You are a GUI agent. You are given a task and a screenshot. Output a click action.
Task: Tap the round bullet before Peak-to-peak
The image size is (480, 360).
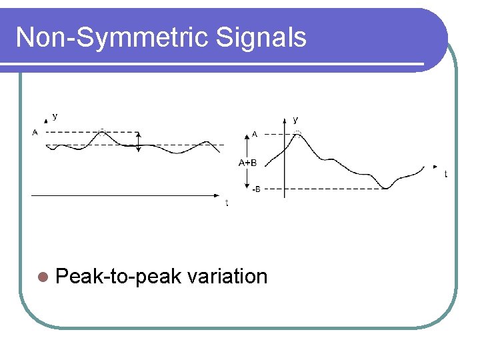(44, 277)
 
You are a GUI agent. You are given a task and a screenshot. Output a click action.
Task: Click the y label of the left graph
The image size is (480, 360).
(55, 116)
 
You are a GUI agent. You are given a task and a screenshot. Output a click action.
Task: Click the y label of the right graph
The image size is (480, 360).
(295, 119)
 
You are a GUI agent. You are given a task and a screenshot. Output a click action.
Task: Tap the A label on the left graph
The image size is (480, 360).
(35, 132)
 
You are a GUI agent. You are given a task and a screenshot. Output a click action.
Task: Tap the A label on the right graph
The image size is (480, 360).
(255, 134)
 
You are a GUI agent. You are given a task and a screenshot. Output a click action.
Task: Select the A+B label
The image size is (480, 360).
(248, 162)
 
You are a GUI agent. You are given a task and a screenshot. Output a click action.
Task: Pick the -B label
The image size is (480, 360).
(256, 189)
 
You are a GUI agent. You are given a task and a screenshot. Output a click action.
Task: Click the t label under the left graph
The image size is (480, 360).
(227, 203)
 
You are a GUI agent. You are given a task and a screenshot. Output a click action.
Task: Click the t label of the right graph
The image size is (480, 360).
(445, 174)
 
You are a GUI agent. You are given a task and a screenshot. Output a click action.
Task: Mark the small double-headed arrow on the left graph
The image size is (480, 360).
(138, 141)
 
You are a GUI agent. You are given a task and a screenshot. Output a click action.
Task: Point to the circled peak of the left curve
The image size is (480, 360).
(101, 131)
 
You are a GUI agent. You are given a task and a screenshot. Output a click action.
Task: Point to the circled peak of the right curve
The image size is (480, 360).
(298, 133)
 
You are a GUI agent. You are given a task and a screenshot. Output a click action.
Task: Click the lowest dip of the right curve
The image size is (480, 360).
(387, 187)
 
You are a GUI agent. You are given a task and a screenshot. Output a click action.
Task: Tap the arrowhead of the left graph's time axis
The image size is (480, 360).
(217, 195)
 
